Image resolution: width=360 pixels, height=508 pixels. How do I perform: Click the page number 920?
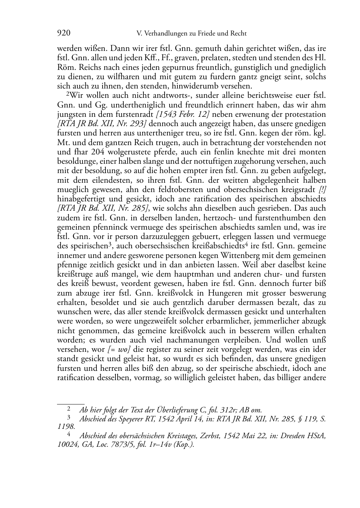point(63,34)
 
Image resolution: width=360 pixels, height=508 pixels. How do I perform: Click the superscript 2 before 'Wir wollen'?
point(67,95)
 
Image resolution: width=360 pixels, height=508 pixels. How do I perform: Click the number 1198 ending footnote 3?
point(66,427)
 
